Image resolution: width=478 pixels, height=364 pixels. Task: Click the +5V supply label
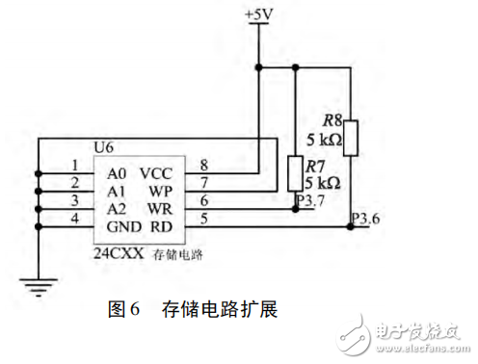coord(259,14)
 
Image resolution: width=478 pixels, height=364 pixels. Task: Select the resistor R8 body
coord(352,137)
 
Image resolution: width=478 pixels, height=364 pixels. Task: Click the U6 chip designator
coord(103,148)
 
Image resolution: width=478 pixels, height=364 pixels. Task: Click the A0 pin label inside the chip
coord(118,173)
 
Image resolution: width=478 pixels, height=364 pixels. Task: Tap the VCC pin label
coord(155,173)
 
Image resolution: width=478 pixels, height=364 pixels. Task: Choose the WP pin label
coord(159,192)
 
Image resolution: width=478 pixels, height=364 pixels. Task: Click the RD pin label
coord(160,227)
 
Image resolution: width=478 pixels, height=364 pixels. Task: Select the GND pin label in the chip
coord(123,227)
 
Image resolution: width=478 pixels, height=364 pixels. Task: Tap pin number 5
coord(203,219)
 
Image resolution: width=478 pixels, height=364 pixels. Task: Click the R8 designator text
coord(332,120)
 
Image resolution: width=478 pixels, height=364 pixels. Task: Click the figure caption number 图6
coord(124,310)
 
